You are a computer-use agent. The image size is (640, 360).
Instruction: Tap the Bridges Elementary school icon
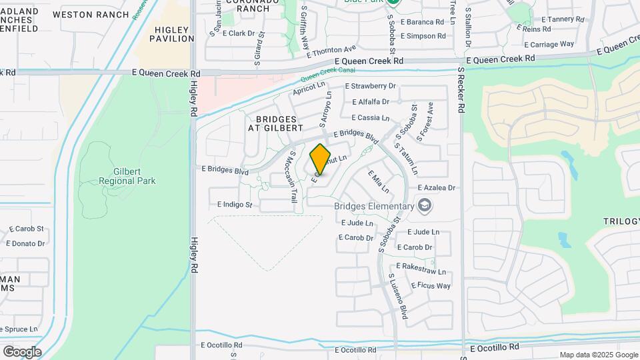point(424,206)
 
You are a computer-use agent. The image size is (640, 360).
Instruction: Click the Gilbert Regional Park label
point(127,176)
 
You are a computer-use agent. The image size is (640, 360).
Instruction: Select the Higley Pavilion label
point(174,34)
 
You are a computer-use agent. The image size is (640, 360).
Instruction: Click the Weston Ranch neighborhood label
point(90,14)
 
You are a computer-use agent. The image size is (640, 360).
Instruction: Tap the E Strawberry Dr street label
point(370,86)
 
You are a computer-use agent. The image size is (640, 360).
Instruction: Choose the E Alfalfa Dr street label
point(370,102)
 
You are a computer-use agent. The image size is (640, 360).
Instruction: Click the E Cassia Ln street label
point(370,117)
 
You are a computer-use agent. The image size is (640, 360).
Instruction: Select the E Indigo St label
point(235,205)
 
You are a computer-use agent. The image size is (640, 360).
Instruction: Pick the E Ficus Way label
point(431,286)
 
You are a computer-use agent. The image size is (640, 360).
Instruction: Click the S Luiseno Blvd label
point(397,296)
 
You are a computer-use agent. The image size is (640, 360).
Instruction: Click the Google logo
point(22,352)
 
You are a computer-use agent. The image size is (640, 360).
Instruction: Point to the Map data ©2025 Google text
point(598,355)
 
